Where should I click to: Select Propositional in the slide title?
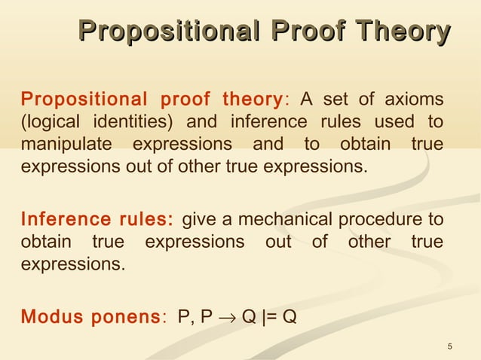point(170,32)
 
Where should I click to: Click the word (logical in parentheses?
point(51,121)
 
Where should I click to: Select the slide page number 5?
point(450,346)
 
